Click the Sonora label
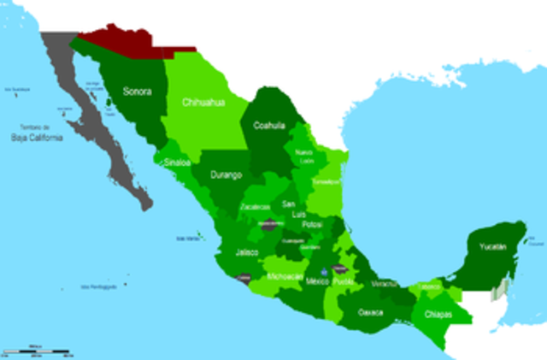(138, 91)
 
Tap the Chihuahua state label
(203, 102)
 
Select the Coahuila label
(270, 125)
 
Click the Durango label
(226, 174)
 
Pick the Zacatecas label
(256, 208)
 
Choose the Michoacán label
(284, 277)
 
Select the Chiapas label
(438, 314)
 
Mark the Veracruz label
(384, 283)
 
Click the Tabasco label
(430, 286)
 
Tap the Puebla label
(343, 280)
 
